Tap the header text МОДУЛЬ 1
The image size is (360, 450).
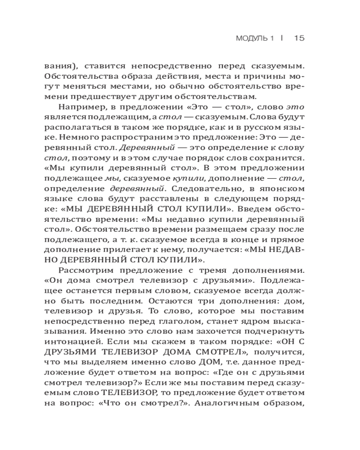pos(255,38)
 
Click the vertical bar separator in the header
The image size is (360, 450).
pos(281,38)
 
